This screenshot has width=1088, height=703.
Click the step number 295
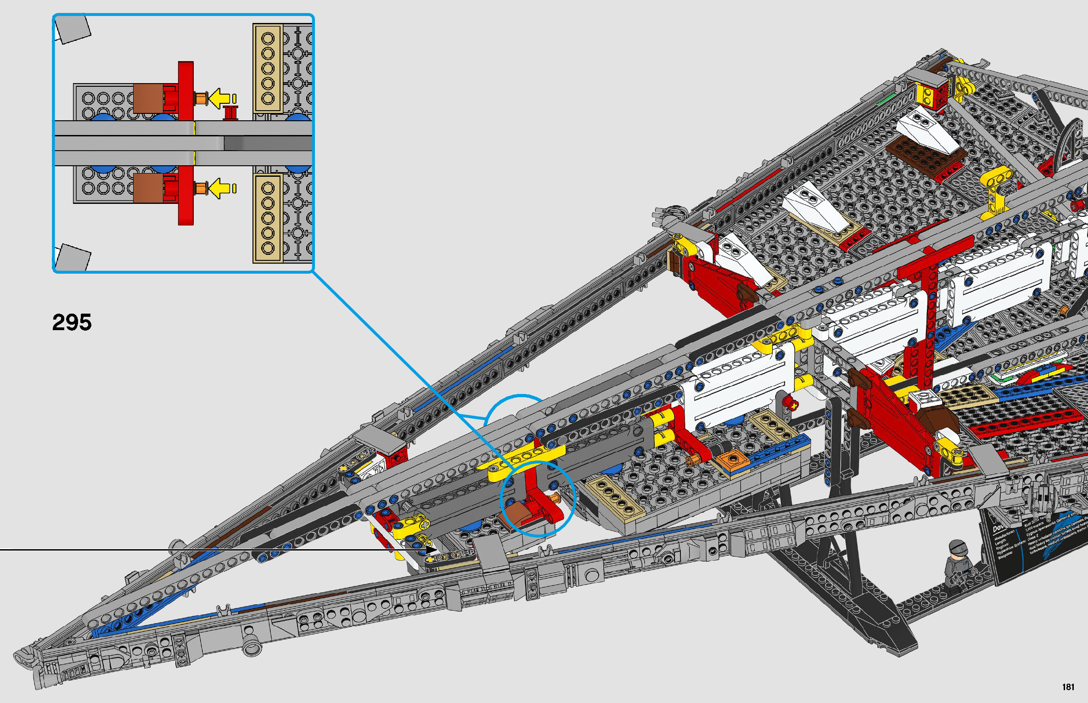(x=72, y=322)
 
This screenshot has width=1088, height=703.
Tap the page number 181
(x=1068, y=687)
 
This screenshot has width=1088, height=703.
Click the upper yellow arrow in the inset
(x=220, y=98)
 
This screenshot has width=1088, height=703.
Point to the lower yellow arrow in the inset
(x=220, y=188)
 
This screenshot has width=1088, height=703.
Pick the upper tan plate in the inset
(x=267, y=68)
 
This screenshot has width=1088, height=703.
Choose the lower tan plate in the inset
(x=267, y=218)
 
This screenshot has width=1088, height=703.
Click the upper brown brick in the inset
(x=148, y=98)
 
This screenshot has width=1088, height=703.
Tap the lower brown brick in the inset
(x=148, y=188)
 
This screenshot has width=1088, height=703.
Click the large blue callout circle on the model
(x=538, y=498)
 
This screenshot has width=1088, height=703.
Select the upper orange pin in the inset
(x=201, y=98)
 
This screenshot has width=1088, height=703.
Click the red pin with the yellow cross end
(x=791, y=404)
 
